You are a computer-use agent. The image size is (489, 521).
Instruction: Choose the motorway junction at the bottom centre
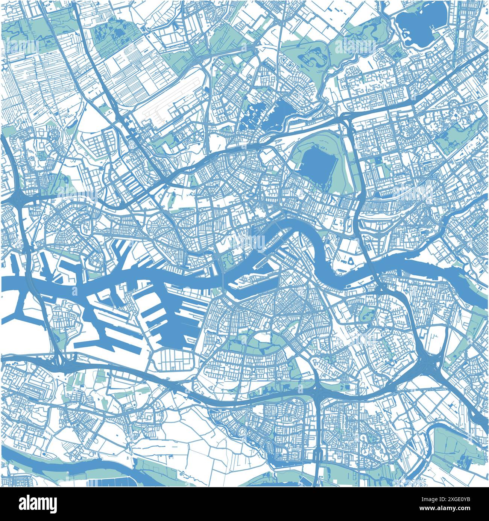coord(320,394)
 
